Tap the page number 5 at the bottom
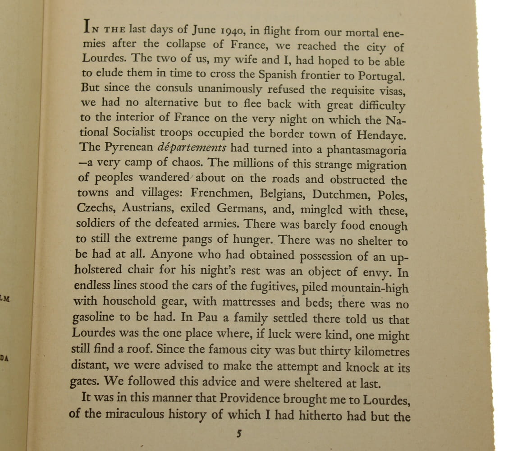click(x=239, y=434)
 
